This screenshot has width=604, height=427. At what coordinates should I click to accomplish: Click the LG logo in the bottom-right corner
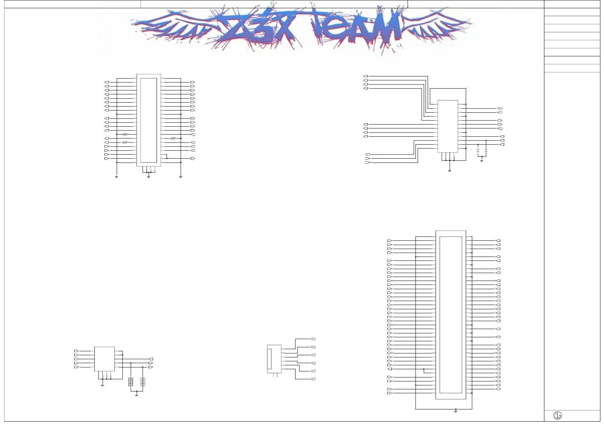coord(557,416)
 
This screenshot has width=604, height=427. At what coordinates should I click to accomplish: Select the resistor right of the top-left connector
coord(173,138)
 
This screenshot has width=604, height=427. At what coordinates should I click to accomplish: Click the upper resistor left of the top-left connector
coord(125,134)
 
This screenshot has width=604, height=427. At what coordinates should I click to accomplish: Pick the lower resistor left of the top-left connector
coord(125,142)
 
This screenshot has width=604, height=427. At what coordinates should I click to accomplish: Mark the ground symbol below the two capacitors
coord(482,161)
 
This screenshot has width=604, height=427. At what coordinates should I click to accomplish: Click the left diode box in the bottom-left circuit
coord(131,382)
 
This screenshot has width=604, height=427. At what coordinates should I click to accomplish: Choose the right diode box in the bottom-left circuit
coord(143,382)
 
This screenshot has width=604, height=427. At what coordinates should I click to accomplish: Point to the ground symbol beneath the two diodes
coord(136,395)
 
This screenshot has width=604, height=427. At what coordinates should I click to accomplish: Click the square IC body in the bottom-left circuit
coord(104,359)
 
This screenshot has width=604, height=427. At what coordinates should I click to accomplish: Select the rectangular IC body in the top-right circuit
coord(448,126)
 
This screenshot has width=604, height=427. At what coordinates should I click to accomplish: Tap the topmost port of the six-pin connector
coord(313,339)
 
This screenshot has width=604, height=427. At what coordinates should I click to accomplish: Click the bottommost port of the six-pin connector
coord(313,379)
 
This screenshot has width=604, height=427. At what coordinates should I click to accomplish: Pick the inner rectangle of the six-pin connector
coord(269,359)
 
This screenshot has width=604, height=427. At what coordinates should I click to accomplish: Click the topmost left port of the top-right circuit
coord(366,76)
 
